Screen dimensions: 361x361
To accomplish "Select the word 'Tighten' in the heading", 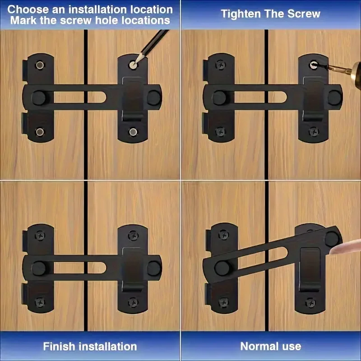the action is [241, 14].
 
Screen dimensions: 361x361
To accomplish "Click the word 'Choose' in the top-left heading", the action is [28, 9].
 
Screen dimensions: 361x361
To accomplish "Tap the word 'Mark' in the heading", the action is [23, 20].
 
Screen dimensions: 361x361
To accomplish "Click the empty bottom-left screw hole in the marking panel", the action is [40, 132].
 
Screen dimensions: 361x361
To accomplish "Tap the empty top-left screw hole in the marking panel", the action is [40, 65].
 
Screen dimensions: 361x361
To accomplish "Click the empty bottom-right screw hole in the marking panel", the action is [133, 132].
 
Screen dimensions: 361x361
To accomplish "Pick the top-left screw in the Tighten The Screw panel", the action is [221, 65].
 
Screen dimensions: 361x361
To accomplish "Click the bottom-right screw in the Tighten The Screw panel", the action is [314, 132].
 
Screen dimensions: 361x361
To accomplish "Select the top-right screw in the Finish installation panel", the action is [133, 235].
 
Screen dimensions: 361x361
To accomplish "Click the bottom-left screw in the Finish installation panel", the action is [40, 301].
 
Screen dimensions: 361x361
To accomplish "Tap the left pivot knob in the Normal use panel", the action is [222, 268].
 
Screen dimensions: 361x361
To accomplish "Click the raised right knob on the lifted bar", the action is [332, 239].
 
